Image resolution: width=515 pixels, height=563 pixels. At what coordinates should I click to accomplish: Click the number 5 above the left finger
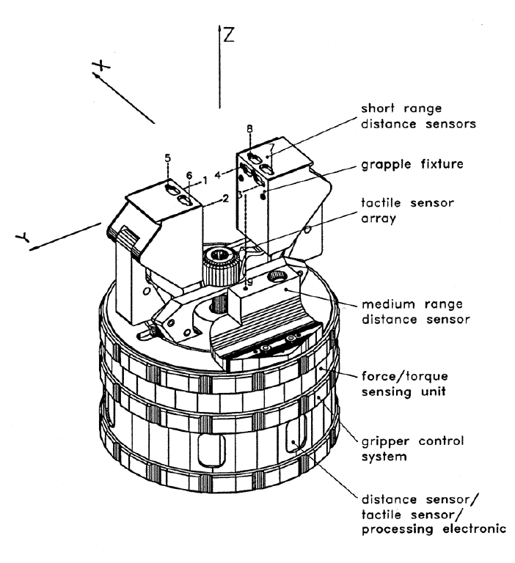(x=167, y=158)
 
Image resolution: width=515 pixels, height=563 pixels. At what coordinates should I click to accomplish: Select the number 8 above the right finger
(x=250, y=129)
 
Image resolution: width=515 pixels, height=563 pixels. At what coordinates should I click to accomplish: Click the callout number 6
(x=189, y=175)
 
